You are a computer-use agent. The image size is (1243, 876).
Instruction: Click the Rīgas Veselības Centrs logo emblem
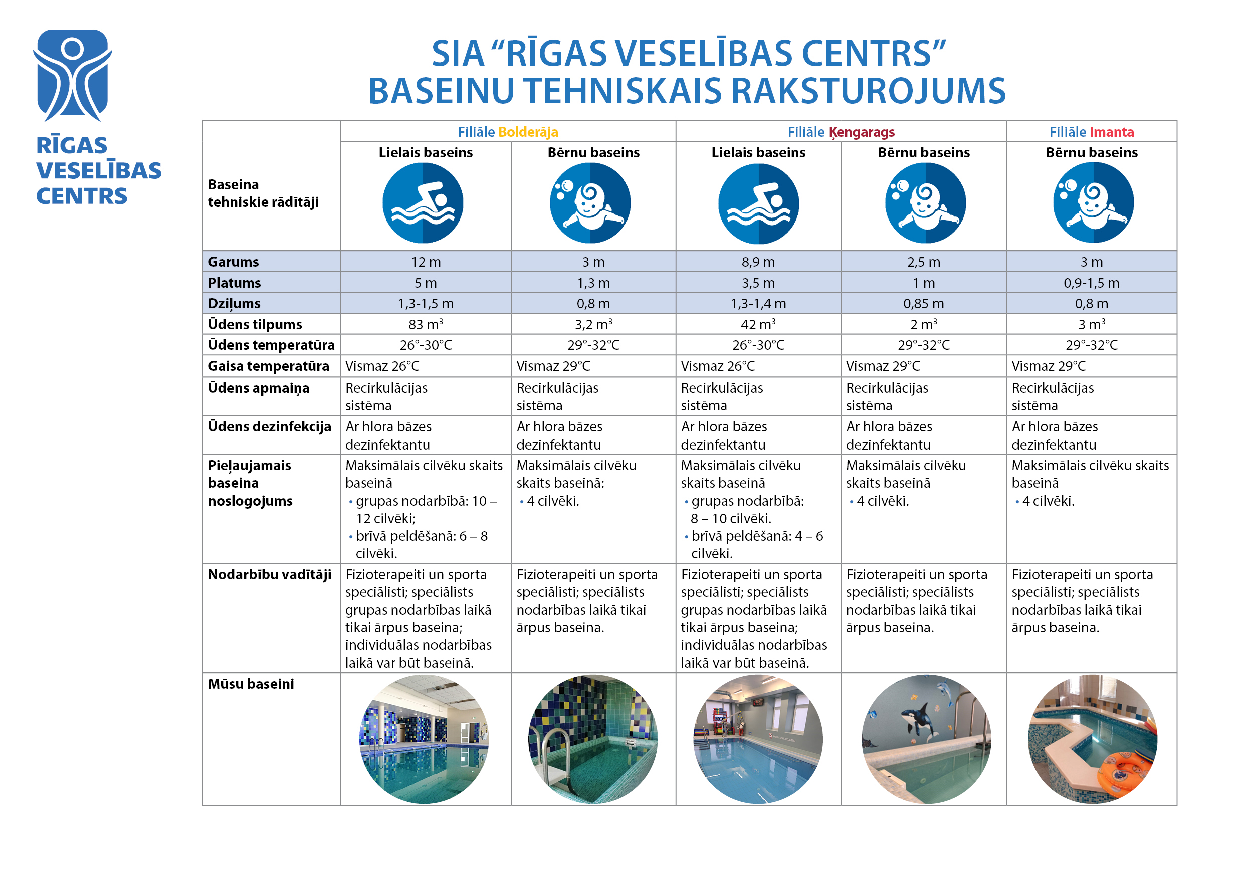[72, 75]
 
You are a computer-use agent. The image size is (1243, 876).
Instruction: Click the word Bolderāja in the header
[528, 132]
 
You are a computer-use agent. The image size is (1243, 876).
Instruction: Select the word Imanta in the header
[1112, 132]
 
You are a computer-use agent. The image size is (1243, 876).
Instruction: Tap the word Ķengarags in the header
[862, 132]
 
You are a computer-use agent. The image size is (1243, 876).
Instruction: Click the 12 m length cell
[426, 262]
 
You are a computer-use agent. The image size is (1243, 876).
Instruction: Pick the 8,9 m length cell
[758, 262]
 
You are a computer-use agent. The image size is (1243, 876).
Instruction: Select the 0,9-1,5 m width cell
[1092, 283]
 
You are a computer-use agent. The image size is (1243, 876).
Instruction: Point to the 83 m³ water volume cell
[426, 324]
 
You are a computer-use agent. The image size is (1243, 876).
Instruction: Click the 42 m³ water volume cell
[758, 324]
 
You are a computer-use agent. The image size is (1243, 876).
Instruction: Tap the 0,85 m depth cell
[924, 304]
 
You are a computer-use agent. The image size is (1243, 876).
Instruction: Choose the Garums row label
[234, 262]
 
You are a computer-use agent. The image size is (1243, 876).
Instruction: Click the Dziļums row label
[234, 304]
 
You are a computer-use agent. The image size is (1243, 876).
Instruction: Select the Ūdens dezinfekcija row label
[269, 426]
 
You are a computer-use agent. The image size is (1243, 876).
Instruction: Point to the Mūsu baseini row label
[251, 684]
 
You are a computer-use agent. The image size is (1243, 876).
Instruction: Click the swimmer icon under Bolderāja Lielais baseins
[423, 203]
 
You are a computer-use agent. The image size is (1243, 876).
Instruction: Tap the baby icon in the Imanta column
[1093, 203]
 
